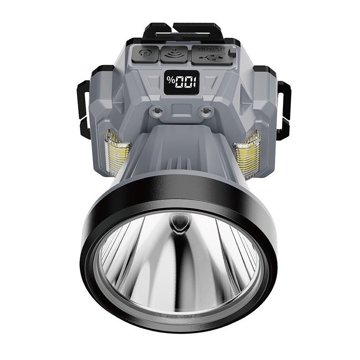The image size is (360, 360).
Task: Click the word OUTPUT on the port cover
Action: point(209,48)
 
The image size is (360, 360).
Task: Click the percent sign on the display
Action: point(170,82)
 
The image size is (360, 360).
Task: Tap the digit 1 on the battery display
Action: point(194,82)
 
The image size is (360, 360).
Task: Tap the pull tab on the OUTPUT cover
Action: point(233,52)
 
